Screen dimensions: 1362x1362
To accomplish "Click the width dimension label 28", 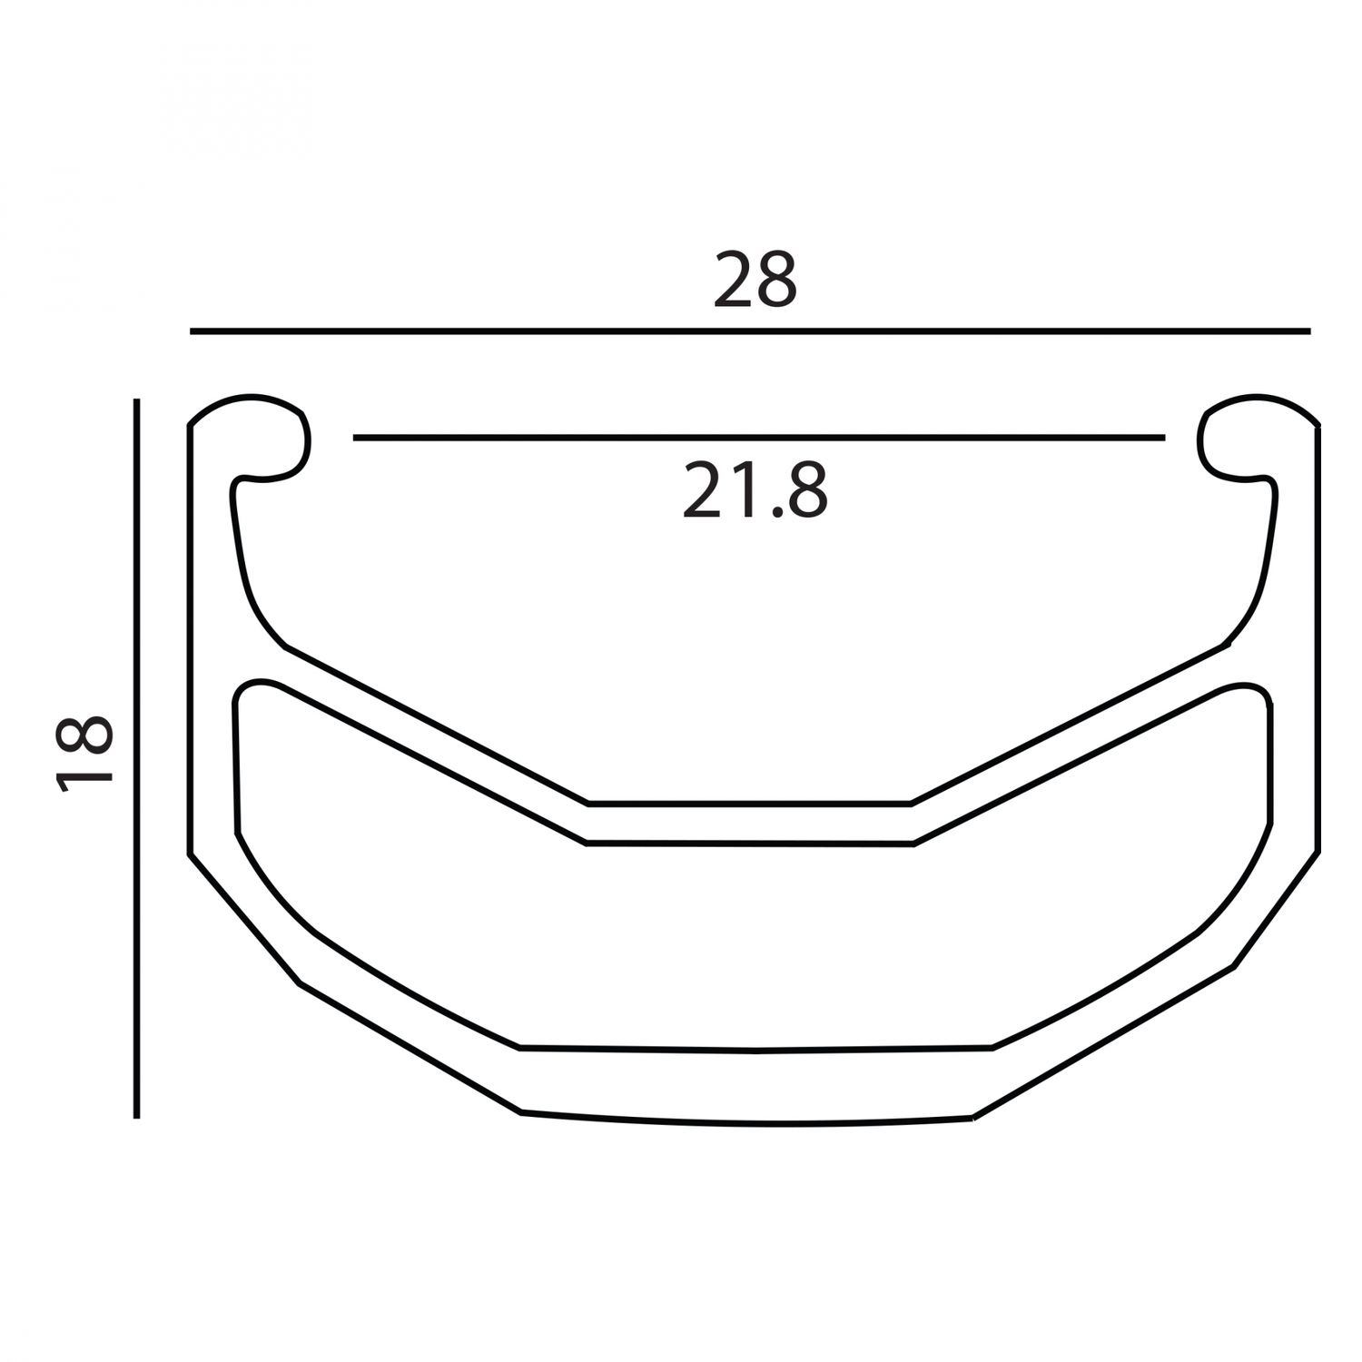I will pyautogui.click(x=755, y=281).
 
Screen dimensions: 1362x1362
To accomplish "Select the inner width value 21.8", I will pyautogui.click(x=755, y=490).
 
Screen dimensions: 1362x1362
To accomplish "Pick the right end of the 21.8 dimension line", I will pyautogui.click(x=1163, y=438).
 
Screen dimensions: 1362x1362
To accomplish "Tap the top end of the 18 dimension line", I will pyautogui.click(x=136, y=400).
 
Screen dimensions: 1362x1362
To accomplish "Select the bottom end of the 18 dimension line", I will pyautogui.click(x=136, y=1116).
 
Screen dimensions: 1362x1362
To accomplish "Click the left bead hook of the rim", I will pyautogui.click(x=263, y=436).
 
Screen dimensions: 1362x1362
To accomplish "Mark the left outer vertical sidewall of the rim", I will pyautogui.click(x=191, y=636).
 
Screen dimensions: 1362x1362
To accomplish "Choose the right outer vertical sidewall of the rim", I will pyautogui.click(x=1318, y=636).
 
